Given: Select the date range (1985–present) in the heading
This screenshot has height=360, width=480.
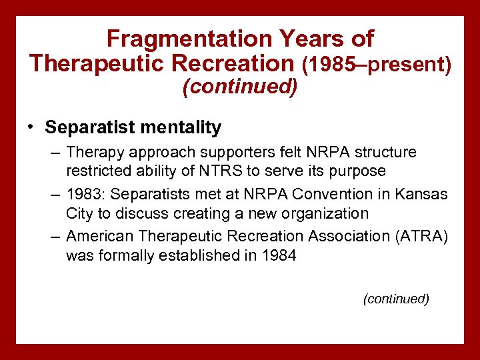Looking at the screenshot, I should pos(377,64).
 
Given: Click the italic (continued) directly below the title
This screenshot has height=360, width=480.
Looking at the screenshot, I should pos(240,88).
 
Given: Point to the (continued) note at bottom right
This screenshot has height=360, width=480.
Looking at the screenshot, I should pos(395,299).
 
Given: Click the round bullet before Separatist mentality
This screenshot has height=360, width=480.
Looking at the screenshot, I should pos(31,127).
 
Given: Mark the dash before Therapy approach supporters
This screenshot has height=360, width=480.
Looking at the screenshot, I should pos(55,153).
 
